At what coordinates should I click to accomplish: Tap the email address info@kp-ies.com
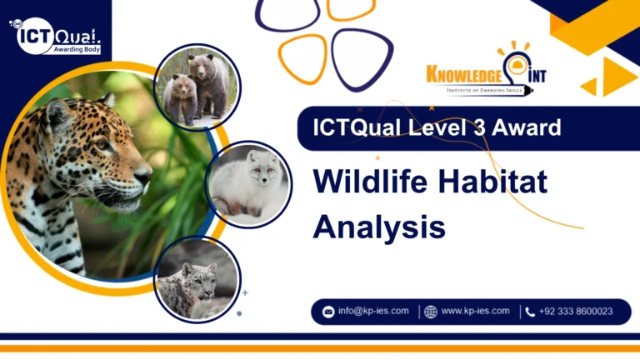pyautogui.click(x=372, y=311)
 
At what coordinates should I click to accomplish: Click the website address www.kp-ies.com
pyautogui.click(x=475, y=311)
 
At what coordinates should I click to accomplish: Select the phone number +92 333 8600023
pyautogui.click(x=576, y=312)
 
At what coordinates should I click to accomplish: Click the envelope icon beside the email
pyautogui.click(x=327, y=312)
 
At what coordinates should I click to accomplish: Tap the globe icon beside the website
pyautogui.click(x=431, y=312)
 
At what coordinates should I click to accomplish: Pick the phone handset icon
pyautogui.click(x=530, y=312)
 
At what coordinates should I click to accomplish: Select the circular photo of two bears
pyautogui.click(x=197, y=87)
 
